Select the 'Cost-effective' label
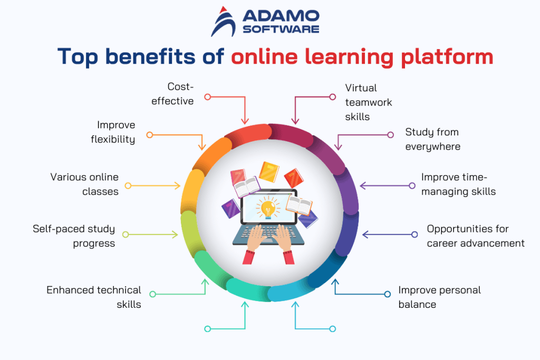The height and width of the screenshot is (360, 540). click(173, 93)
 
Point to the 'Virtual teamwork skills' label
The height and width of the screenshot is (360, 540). click(369, 102)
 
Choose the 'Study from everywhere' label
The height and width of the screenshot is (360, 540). click(432, 139)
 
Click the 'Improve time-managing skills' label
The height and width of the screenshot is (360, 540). click(458, 184)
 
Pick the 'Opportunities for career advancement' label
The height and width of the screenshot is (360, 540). click(475, 236)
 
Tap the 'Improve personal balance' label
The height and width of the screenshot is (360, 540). click(439, 297)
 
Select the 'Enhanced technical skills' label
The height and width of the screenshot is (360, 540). click(94, 297)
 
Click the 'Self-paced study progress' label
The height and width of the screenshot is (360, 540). click(74, 236)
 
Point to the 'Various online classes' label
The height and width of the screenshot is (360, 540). click(84, 184)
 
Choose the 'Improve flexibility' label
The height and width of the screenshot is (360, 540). click(116, 132)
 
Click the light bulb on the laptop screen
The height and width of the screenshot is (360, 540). click(268, 207)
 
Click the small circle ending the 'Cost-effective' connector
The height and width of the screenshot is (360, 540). click(208, 97)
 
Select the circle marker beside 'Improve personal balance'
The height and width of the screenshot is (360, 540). click(387, 294)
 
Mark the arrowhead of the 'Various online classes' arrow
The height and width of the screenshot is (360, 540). click(178, 186)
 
